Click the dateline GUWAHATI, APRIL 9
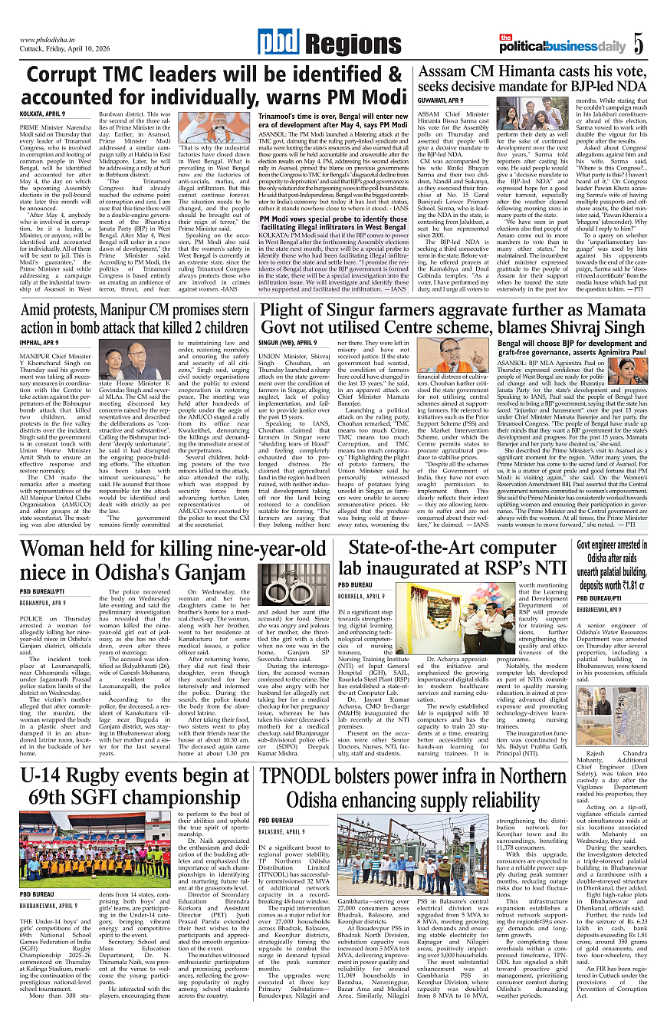tap(440, 100)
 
